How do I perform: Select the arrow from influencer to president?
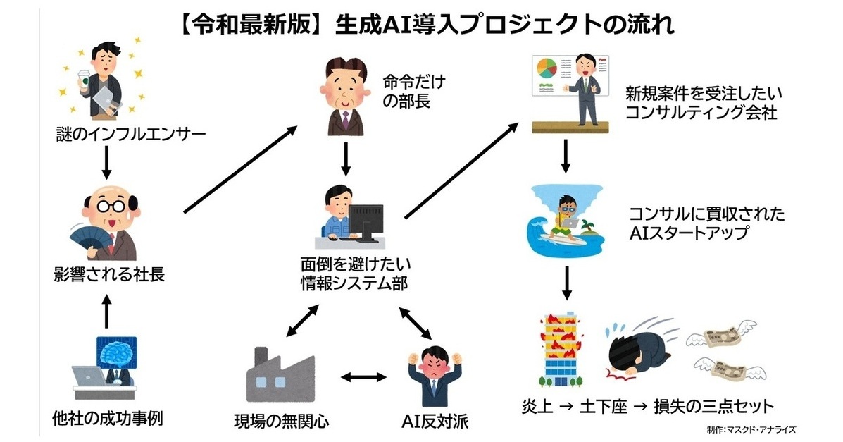105,161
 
